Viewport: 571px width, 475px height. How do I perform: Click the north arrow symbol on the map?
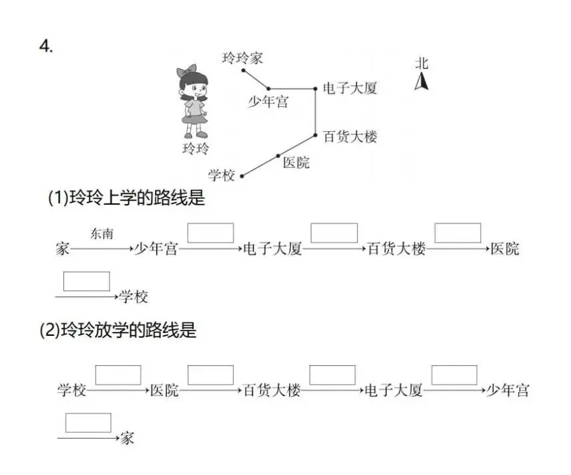421,82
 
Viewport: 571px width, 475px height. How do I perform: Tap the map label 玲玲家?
242,58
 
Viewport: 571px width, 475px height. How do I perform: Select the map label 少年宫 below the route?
268,102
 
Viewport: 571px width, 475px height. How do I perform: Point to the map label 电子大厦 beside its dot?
350,88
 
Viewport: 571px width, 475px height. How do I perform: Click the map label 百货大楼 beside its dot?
350,136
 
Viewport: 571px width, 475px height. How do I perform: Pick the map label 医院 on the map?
296,163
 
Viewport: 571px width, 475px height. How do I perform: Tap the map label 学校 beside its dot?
222,175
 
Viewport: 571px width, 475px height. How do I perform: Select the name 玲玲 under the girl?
196,149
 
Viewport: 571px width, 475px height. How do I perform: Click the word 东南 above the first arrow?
102,233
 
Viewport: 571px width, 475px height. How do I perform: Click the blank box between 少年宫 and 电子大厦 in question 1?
210,233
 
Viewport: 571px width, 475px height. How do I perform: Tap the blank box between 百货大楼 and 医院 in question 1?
457,233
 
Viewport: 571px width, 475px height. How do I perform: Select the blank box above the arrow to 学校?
86,281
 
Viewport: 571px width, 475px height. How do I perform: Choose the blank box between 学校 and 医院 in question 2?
118,375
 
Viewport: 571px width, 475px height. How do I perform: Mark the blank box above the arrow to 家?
88,423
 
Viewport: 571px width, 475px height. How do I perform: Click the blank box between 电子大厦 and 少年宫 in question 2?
454,375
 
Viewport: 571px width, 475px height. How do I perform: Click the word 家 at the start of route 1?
63,250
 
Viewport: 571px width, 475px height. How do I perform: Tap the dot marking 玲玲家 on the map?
243,70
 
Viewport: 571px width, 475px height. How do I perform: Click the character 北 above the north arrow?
421,64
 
